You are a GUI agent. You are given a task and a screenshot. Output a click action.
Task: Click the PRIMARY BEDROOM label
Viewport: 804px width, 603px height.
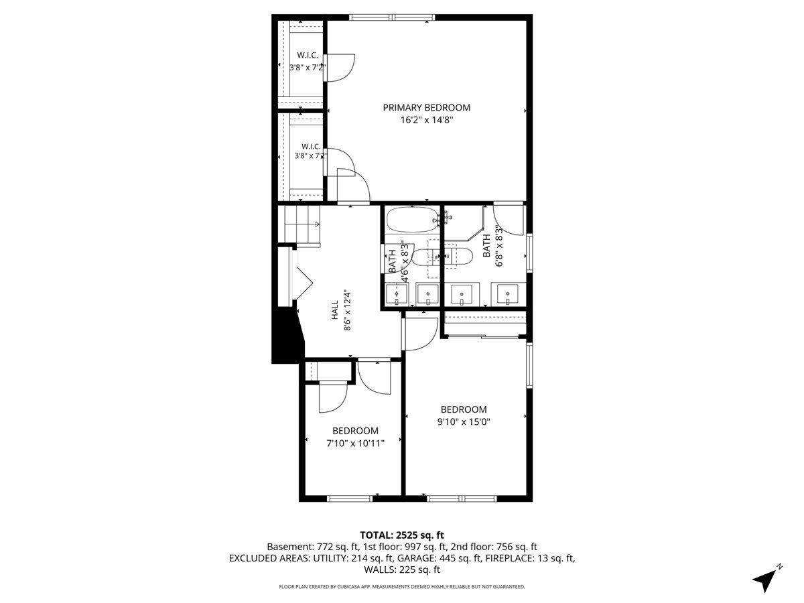pos(426,108)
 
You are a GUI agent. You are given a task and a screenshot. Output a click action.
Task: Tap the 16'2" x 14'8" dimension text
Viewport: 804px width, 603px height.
pos(427,120)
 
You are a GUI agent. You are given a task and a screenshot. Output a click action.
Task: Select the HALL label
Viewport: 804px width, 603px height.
pos(335,310)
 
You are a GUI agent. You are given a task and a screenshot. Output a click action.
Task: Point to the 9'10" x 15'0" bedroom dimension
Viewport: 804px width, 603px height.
pos(464,422)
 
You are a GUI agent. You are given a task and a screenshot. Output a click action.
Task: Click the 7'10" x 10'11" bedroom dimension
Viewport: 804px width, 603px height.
pos(355,444)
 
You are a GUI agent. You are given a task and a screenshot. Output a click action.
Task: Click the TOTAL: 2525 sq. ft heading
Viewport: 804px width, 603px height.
pos(402,535)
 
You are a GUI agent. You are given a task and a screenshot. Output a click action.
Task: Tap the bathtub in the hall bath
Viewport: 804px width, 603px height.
pos(412,220)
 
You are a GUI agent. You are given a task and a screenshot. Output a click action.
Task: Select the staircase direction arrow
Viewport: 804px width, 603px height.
pos(301,224)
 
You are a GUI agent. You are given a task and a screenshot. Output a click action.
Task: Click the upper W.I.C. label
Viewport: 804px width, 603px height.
pos(308,56)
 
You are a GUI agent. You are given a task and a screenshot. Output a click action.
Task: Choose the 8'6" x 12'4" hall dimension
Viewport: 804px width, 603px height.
pos(347,310)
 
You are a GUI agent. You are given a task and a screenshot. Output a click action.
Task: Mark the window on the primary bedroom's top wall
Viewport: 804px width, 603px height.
pos(392,17)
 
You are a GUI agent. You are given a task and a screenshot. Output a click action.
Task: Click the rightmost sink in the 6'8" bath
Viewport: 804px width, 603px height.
pos(508,294)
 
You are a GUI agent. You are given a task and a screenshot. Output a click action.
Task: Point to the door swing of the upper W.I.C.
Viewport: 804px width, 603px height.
pos(341,68)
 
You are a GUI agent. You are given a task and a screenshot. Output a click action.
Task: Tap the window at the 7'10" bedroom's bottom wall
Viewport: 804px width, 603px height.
pos(350,498)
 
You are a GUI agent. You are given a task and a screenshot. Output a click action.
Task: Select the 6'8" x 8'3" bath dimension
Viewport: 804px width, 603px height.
pos(498,246)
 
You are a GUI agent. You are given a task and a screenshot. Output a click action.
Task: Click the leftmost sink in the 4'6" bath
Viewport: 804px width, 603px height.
pos(397,295)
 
